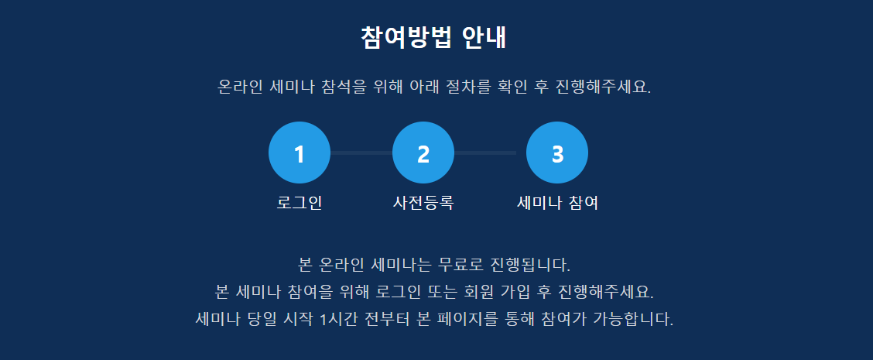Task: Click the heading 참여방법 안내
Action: point(433,38)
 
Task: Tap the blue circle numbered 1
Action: point(300,153)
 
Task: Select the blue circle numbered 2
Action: point(423,153)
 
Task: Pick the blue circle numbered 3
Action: point(557,153)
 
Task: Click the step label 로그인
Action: point(300,203)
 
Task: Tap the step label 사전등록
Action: point(423,203)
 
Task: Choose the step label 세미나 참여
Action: point(557,203)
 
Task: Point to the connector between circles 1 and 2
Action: point(361,153)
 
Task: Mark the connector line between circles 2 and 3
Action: point(485,153)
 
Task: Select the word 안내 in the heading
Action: point(484,38)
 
